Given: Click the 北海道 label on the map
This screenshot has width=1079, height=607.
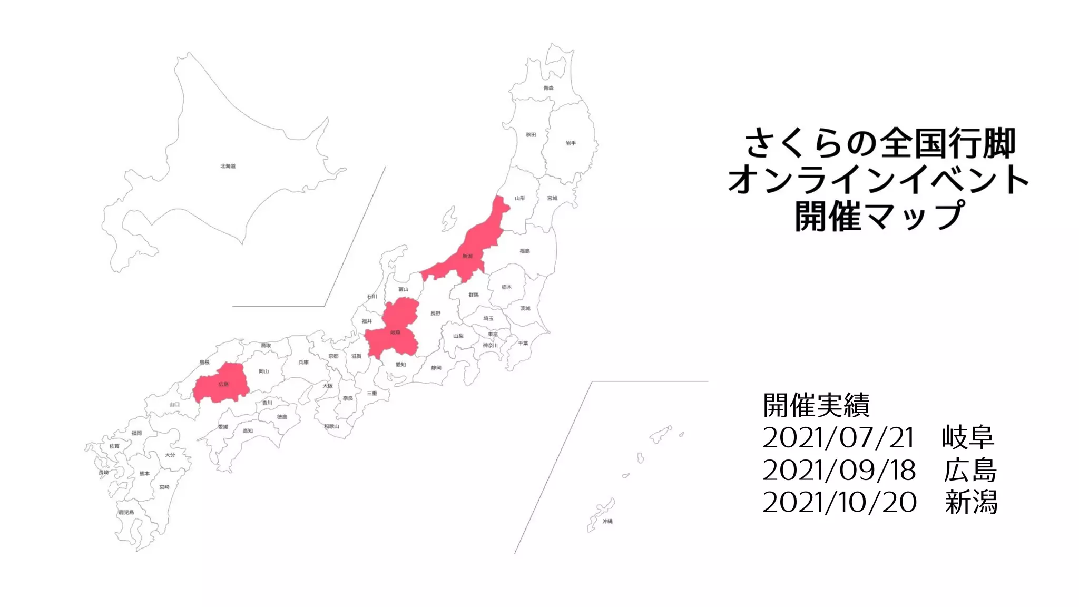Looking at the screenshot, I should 228,166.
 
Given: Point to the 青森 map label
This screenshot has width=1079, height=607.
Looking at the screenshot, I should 548,88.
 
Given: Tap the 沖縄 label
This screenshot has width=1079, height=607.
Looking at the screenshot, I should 607,521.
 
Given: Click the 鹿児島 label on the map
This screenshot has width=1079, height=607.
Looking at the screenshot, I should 126,512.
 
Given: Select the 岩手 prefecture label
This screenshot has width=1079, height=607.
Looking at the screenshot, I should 571,143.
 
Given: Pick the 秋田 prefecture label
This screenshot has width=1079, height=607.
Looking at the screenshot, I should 531,135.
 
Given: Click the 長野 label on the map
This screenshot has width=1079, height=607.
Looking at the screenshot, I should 435,314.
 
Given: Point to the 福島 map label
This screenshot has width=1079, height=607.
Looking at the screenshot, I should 525,251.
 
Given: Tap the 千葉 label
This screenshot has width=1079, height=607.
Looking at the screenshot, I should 523,343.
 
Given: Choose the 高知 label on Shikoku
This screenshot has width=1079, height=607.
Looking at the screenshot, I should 248,430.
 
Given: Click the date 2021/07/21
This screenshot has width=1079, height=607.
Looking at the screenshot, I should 838,437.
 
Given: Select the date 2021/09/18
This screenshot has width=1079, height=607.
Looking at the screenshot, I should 839,470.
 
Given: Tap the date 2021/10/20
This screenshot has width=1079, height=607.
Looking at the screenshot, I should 839,502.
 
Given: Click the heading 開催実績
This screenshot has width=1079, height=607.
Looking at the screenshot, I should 816,405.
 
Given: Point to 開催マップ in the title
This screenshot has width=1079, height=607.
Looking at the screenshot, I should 879,216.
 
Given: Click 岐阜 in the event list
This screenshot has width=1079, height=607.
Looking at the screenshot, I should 968,437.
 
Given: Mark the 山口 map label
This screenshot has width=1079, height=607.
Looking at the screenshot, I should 174,404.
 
